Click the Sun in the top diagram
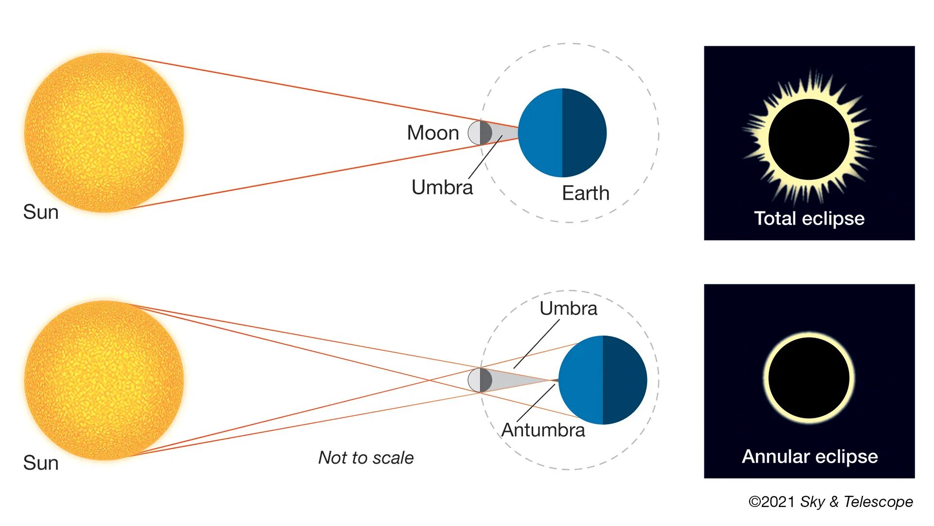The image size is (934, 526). pyautogui.click(x=104, y=132)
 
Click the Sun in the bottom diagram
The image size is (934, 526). pyautogui.click(x=104, y=380)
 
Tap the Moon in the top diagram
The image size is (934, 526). pyautogui.click(x=480, y=132)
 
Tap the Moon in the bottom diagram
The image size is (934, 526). pyautogui.click(x=480, y=380)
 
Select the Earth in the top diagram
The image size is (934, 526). pyautogui.click(x=562, y=132)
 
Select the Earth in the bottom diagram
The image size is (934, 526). pyautogui.click(x=603, y=380)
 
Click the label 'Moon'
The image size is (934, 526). pyautogui.click(x=433, y=133)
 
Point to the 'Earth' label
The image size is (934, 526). pyautogui.click(x=586, y=193)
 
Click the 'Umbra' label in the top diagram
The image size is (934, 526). pyautogui.click(x=442, y=188)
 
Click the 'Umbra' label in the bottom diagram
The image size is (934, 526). pyautogui.click(x=568, y=309)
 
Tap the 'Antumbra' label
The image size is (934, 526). pyautogui.click(x=543, y=430)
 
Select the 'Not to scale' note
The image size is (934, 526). pyautogui.click(x=366, y=458)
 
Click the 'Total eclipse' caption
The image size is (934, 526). pyautogui.click(x=809, y=219)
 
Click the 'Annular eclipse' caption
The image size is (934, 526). pyautogui.click(x=809, y=457)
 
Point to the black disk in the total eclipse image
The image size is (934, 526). pyautogui.click(x=809, y=139)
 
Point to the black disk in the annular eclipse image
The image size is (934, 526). pyautogui.click(x=809, y=378)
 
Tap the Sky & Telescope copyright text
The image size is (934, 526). pyautogui.click(x=830, y=502)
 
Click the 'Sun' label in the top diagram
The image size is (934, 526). pyautogui.click(x=41, y=212)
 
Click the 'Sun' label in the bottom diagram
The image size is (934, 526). pyautogui.click(x=41, y=463)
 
